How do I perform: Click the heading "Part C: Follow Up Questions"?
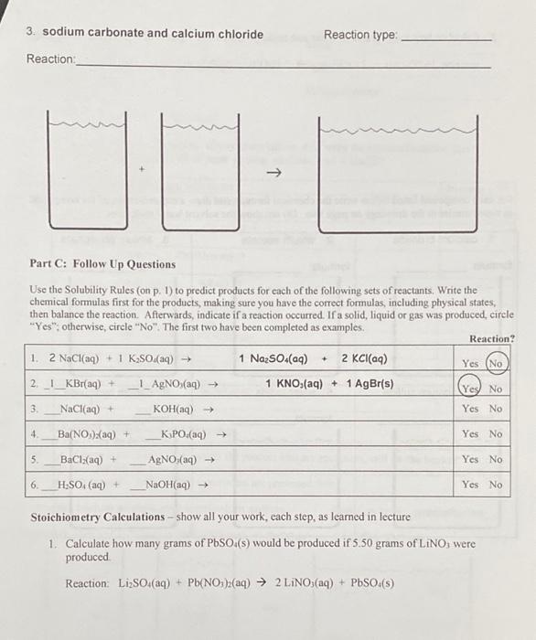click(x=102, y=264)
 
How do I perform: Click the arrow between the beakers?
click(x=273, y=173)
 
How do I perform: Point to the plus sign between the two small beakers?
click(x=141, y=170)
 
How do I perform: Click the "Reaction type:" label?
click(x=361, y=35)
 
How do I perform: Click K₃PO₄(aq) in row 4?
click(x=185, y=433)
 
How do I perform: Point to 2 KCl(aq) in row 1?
click(x=364, y=358)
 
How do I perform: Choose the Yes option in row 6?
click(x=471, y=484)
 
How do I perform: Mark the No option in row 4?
click(x=496, y=433)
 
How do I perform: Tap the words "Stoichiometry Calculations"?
click(x=89, y=517)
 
